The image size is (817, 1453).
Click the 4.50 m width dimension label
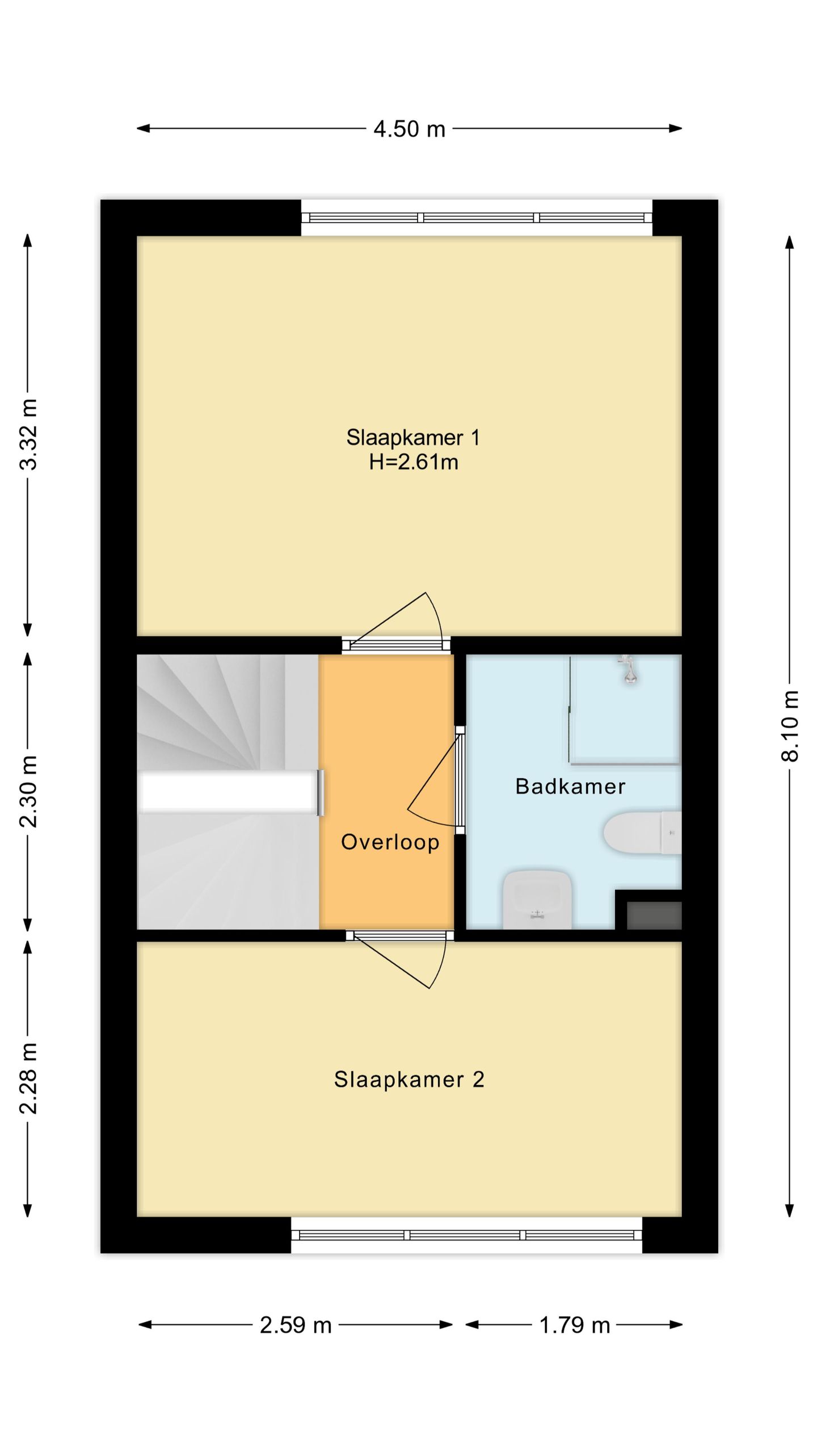pyautogui.click(x=409, y=129)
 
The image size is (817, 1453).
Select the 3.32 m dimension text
pyautogui.click(x=28, y=435)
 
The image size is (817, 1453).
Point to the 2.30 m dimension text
pyautogui.click(x=28, y=791)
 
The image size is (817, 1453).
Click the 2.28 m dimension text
pyautogui.click(x=28, y=1078)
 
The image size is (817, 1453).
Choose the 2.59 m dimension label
pyautogui.click(x=296, y=1325)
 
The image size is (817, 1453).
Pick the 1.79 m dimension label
pyautogui.click(x=574, y=1325)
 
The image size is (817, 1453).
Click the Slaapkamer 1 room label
pyautogui.click(x=413, y=438)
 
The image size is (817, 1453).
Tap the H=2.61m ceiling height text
pyautogui.click(x=414, y=463)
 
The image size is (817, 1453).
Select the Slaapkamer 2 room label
pyautogui.click(x=409, y=1080)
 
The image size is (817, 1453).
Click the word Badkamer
pyautogui.click(x=570, y=787)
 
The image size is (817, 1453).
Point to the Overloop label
pyautogui.click(x=390, y=842)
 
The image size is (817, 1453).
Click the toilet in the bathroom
pyautogui.click(x=642, y=833)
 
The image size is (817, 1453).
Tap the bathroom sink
pyautogui.click(x=537, y=900)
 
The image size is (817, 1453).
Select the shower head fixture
pyautogui.click(x=628, y=670)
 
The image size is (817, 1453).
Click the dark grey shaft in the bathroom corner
pyautogui.click(x=654, y=915)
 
